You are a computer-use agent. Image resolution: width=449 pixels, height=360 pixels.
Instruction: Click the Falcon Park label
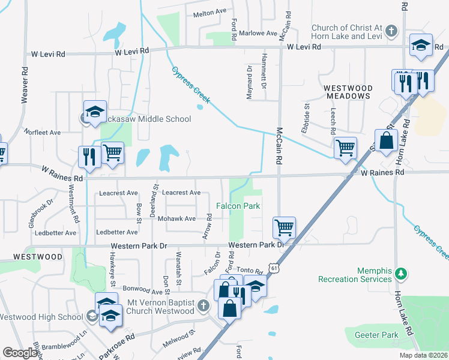238,206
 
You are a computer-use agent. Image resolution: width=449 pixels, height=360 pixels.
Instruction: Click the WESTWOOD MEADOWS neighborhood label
348,92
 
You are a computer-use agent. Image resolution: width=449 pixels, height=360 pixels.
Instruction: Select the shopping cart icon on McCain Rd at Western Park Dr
284,227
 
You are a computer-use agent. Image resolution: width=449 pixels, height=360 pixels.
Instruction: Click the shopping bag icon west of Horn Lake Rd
386,140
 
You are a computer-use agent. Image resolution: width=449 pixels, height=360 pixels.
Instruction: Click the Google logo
20,353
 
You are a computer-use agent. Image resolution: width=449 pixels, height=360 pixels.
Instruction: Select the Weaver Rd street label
25,83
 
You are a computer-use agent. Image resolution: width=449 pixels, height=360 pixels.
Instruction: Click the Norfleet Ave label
42,132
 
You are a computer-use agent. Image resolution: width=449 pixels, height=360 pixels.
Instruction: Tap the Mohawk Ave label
176,219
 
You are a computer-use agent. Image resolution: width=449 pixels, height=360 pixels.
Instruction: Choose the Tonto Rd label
250,271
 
